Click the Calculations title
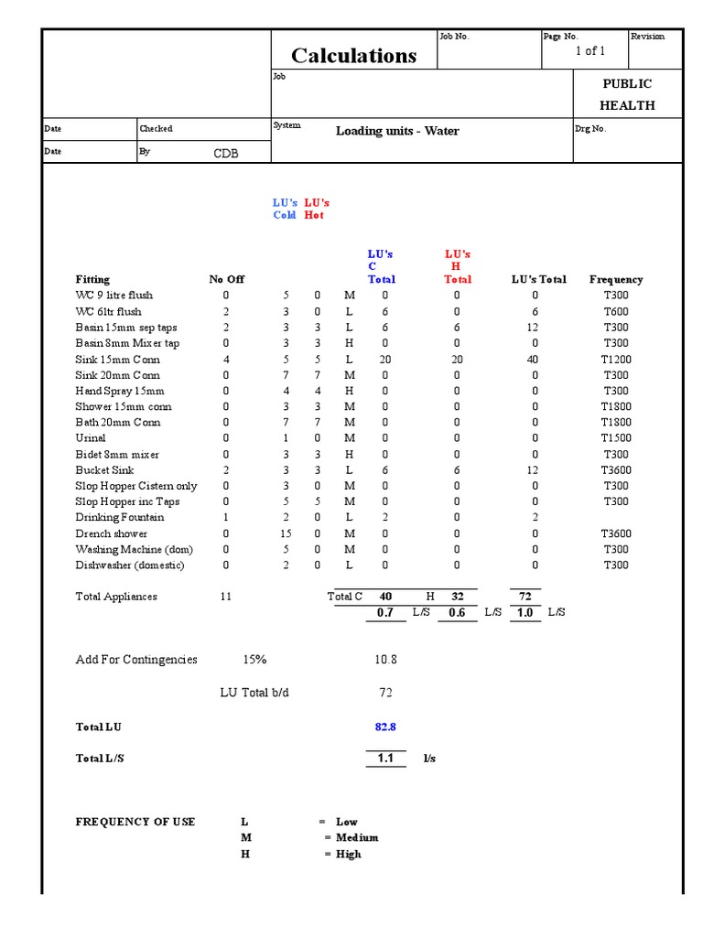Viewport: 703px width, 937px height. (353, 56)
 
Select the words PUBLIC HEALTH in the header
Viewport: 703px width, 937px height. (627, 94)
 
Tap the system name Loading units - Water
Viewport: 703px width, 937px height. (397, 131)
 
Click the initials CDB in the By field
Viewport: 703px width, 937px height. (226, 154)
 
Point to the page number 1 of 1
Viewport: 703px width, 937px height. (590, 51)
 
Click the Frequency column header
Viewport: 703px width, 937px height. (616, 279)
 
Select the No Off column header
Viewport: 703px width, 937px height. (226, 279)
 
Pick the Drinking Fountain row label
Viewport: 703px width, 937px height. (120, 518)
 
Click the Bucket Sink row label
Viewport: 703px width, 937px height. (104, 470)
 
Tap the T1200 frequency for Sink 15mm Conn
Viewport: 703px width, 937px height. (616, 360)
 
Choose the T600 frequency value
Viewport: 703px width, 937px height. (616, 312)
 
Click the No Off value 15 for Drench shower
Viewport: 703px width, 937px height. (286, 533)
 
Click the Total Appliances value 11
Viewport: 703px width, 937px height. (226, 597)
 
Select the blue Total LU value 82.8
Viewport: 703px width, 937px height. (385, 727)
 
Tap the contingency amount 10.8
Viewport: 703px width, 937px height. (385, 660)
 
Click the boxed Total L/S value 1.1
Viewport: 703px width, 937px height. (385, 759)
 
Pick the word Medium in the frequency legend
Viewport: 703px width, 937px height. (357, 837)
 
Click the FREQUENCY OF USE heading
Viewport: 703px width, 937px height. (135, 822)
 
